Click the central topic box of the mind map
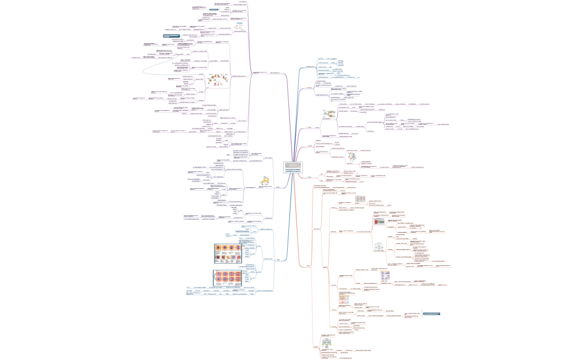click(x=293, y=168)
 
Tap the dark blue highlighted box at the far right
click(x=431, y=314)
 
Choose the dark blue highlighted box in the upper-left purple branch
click(x=175, y=36)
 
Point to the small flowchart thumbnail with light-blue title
click(x=239, y=26)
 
